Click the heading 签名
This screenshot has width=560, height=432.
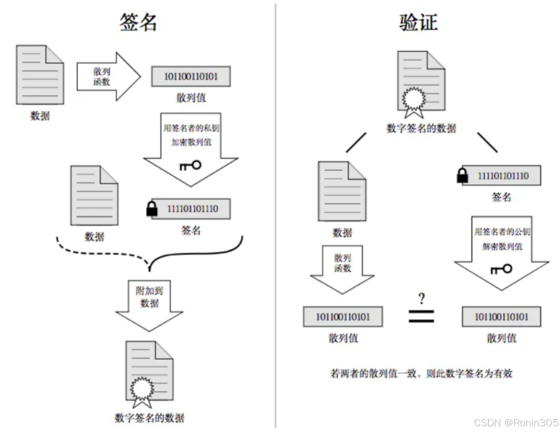138,22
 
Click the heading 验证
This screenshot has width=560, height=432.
418,22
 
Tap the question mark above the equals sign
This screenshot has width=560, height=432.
421,298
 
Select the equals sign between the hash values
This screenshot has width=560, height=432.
421,316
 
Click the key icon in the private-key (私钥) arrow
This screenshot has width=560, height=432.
190,165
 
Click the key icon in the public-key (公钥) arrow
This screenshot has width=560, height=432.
501,269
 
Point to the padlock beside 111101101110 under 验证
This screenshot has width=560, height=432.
462,176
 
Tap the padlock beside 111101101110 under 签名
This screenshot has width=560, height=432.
152,209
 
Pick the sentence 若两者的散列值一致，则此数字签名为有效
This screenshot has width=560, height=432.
421,373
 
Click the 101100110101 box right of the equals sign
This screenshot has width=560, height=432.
501,317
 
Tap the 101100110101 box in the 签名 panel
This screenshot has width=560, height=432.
191,77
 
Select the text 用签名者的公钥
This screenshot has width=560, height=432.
502,232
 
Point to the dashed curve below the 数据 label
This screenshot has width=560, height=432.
100,251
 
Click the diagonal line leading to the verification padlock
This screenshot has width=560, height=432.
487,143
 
